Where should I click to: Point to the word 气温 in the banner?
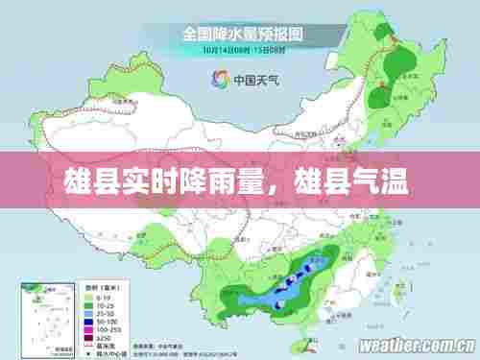point(386,180)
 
